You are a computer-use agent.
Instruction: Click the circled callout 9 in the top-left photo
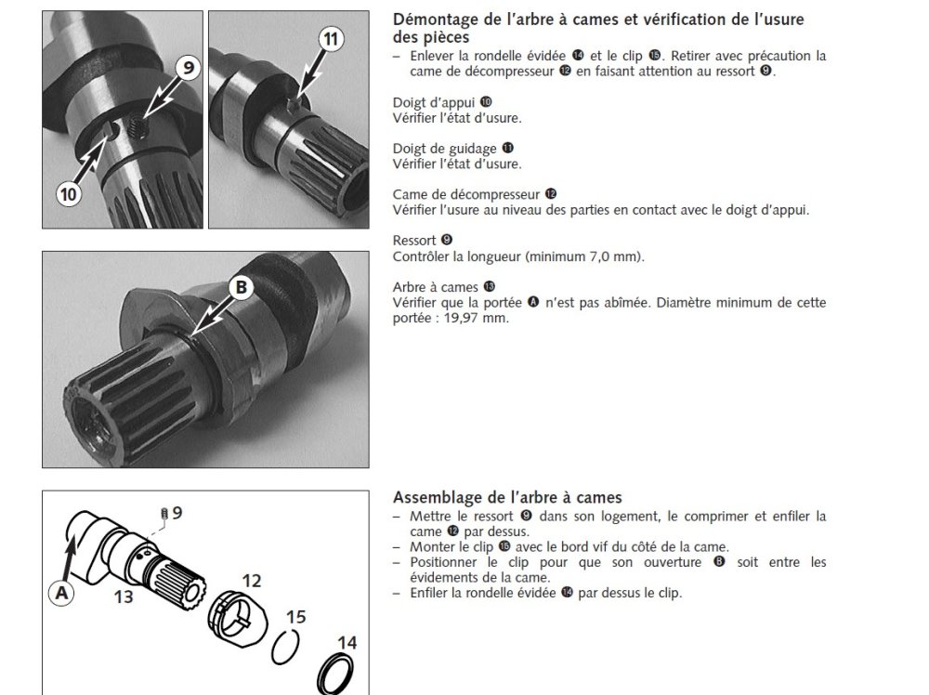pyautogui.click(x=188, y=68)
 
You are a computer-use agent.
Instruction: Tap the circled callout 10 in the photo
pyautogui.click(x=69, y=194)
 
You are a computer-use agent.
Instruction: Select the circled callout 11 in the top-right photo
pyautogui.click(x=332, y=39)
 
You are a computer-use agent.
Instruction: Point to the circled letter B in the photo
pyautogui.click(x=242, y=287)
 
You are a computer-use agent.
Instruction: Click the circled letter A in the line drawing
pyautogui.click(x=61, y=593)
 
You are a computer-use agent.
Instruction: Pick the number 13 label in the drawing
pyautogui.click(x=124, y=597)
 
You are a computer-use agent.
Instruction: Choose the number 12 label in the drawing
pyautogui.click(x=251, y=581)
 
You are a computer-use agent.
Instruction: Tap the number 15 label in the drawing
pyautogui.click(x=295, y=617)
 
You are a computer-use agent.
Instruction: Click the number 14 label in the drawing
pyautogui.click(x=347, y=643)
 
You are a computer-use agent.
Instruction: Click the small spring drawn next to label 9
pyautogui.click(x=164, y=515)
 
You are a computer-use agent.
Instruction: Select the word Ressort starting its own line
pyautogui.click(x=414, y=241)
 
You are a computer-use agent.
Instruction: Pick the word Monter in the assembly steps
pyautogui.click(x=430, y=547)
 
